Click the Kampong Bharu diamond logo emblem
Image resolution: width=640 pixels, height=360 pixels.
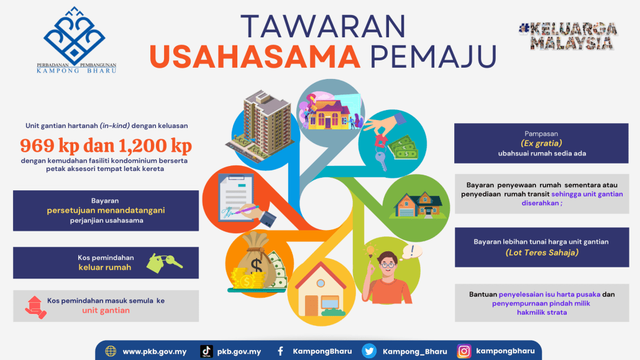[75, 36]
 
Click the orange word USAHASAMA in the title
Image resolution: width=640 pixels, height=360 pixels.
[255, 57]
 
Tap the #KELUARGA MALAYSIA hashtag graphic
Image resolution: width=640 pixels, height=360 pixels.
[568, 36]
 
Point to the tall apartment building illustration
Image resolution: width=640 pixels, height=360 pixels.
[261, 125]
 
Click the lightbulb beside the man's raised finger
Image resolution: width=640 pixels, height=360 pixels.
[370, 251]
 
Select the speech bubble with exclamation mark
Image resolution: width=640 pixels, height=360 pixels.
[412, 251]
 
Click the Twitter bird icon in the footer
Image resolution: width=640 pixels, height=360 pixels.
[369, 351]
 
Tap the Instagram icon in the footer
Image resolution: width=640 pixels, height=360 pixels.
[464, 351]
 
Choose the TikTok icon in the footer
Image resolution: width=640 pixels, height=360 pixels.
[206, 351]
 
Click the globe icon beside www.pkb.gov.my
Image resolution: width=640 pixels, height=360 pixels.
[111, 351]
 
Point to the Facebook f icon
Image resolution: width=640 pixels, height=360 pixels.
[280, 351]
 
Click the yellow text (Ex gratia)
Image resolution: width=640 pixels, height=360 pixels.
[541, 143]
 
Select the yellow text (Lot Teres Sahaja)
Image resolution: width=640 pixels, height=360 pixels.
[542, 252]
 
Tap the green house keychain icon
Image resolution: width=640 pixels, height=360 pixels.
[163, 262]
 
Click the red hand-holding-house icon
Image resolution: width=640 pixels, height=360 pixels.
[35, 307]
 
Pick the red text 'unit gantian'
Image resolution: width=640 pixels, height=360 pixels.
[106, 310]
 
